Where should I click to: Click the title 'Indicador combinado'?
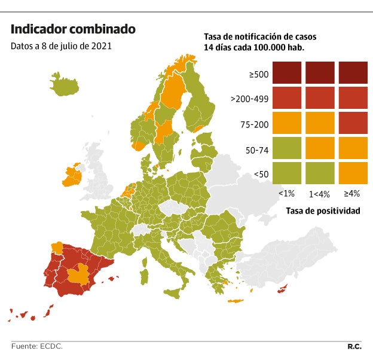pos(73,29)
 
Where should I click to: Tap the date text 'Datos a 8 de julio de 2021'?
pos(61,45)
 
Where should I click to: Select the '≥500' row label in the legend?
pos(259,75)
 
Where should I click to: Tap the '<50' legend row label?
pos(261,174)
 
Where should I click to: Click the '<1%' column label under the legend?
pos(286,193)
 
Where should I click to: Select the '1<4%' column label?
pos(319,193)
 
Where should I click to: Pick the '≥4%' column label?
pos(352,193)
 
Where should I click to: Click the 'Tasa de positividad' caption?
pos(323,210)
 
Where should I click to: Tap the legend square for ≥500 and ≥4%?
pos(353,73)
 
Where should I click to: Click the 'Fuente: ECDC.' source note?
pos(37,346)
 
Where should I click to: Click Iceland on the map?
pos(65,86)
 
